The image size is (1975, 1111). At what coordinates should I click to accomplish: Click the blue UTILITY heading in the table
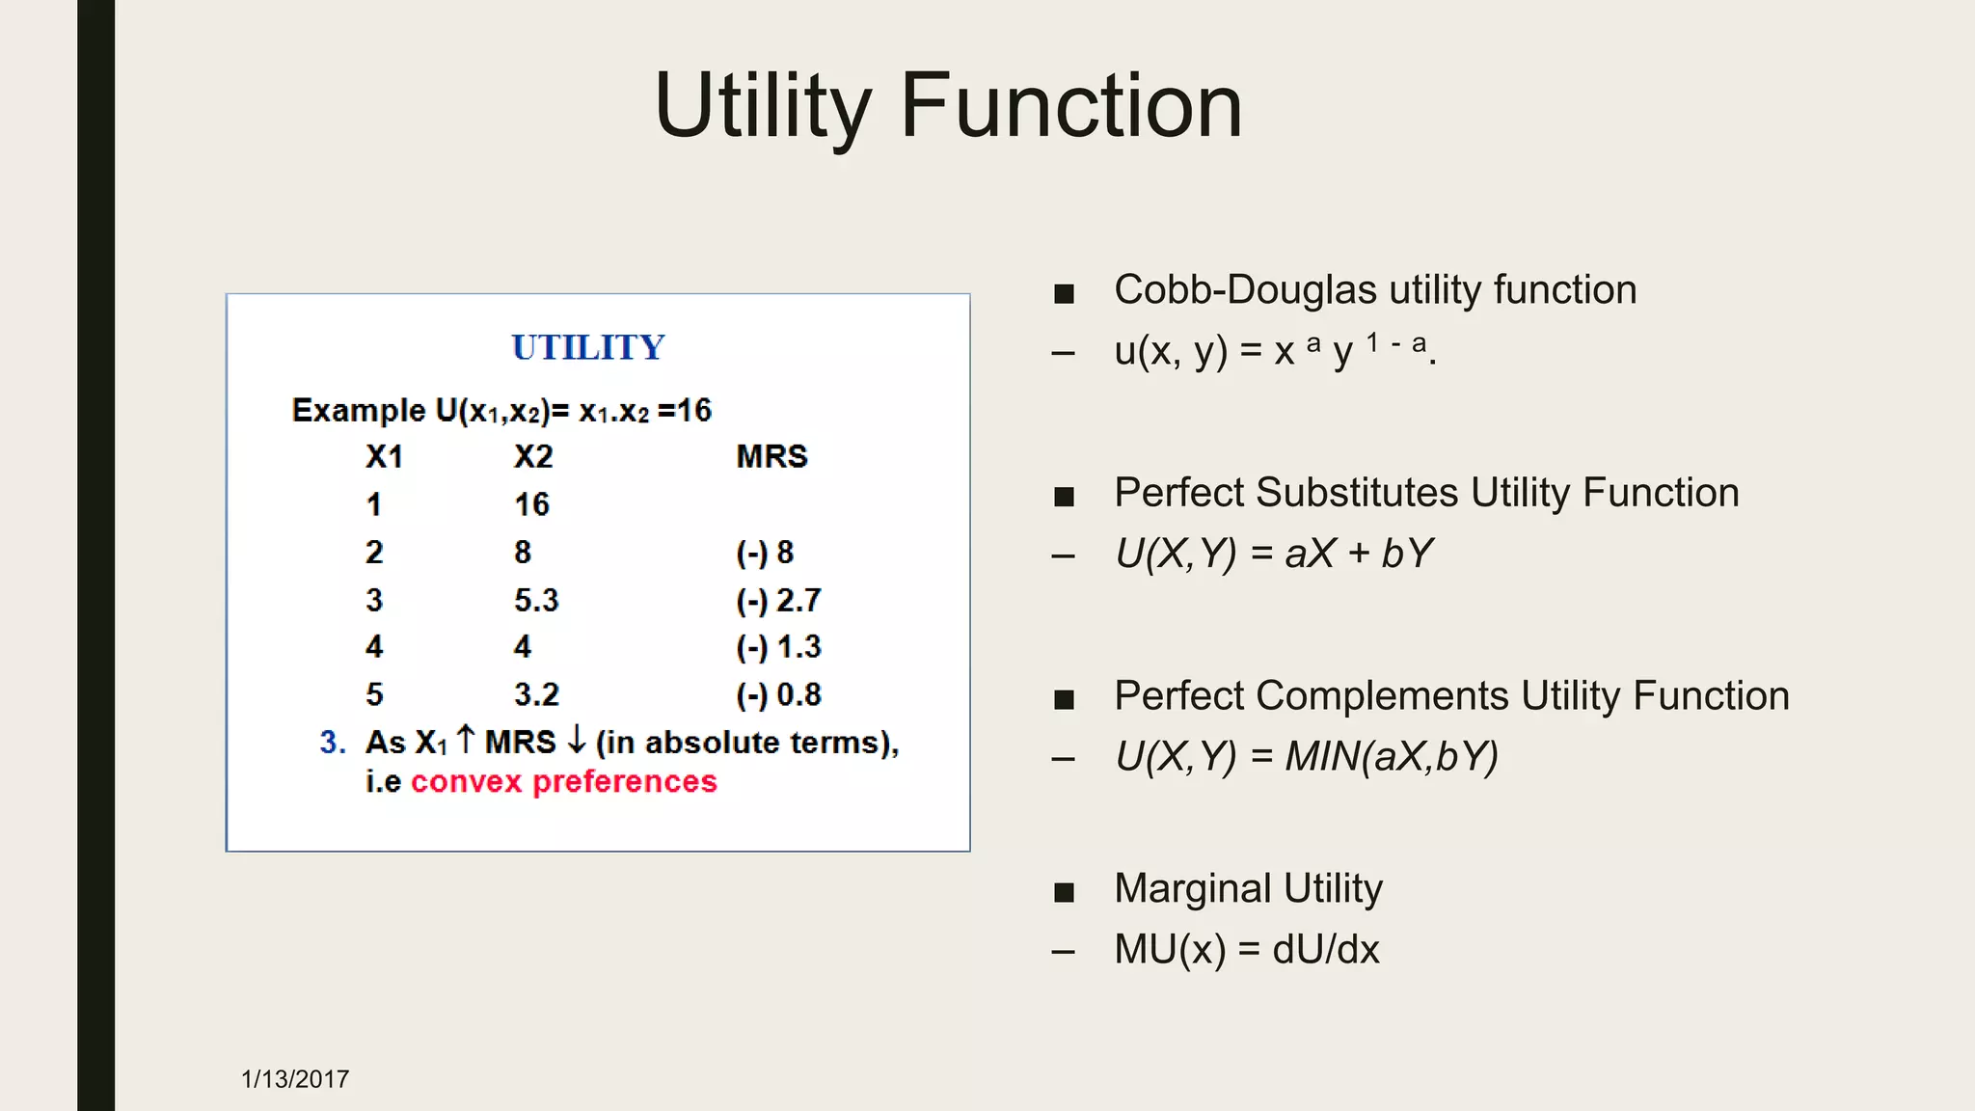588,347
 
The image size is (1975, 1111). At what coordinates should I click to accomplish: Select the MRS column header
771,456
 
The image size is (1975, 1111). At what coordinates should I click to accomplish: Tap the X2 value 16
531,504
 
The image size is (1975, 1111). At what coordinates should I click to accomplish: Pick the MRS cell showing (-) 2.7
778,601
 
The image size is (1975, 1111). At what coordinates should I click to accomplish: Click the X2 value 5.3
536,601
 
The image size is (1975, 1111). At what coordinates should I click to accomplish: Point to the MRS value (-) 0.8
778,695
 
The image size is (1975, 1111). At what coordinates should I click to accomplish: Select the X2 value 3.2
536,695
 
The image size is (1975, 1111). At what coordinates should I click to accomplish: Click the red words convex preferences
564,781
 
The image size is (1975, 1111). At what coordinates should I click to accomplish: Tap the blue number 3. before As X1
333,743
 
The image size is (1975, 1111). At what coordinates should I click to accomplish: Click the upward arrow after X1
466,740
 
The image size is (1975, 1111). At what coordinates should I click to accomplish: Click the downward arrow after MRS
577,740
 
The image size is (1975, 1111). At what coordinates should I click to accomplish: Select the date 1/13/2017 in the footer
295,1079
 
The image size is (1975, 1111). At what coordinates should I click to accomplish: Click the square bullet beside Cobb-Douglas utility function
1064,293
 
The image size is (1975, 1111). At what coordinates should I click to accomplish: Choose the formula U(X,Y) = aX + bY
1273,555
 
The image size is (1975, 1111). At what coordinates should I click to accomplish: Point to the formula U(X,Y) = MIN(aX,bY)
1307,757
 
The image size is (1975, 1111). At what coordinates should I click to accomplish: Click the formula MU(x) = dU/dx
1246,950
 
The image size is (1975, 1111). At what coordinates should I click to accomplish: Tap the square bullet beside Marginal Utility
1064,892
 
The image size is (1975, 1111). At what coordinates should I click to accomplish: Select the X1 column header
384,456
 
